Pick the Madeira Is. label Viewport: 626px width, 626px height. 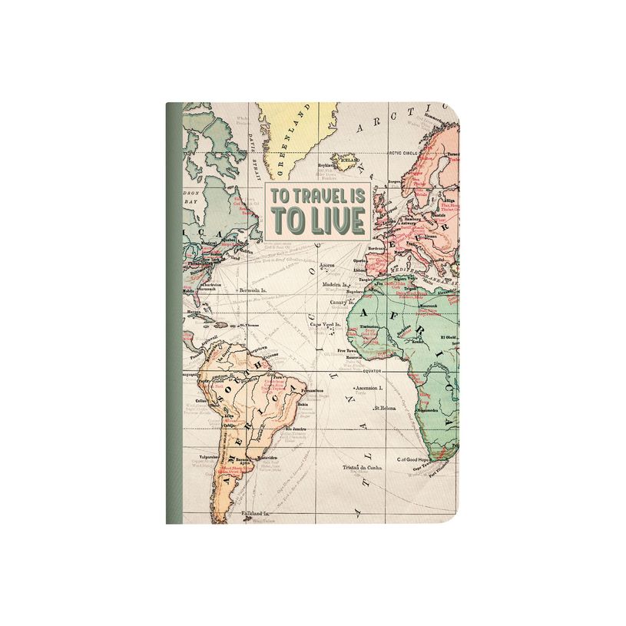(336, 283)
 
